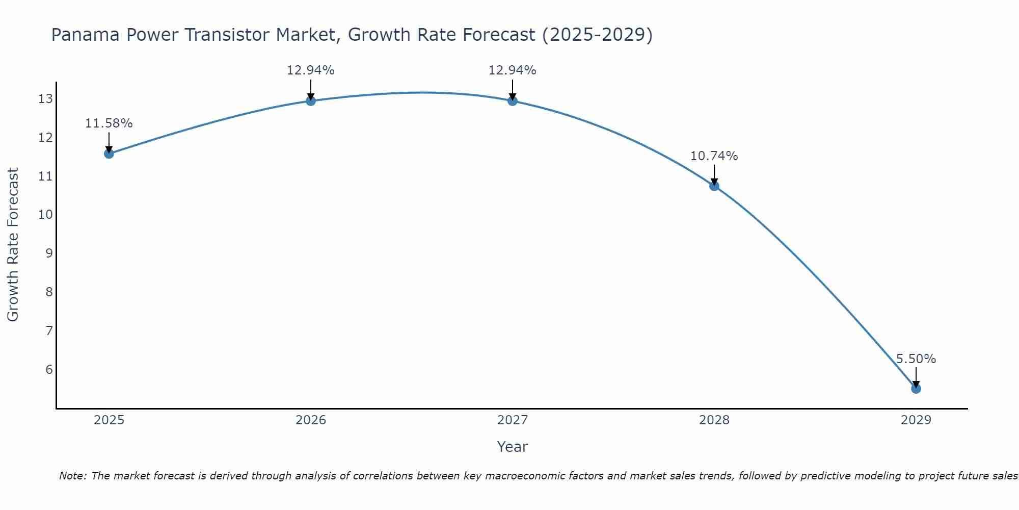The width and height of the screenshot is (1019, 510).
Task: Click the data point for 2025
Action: (x=109, y=154)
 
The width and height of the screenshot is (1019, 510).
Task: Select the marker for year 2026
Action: (x=311, y=100)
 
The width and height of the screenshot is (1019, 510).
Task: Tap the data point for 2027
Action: (x=513, y=100)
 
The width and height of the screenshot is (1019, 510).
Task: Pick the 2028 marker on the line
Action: (x=714, y=186)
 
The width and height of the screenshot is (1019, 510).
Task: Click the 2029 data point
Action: (x=916, y=389)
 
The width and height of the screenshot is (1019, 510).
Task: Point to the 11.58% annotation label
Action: (x=109, y=123)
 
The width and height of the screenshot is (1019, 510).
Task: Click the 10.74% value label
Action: (x=714, y=156)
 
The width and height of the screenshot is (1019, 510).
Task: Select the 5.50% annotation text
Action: (x=916, y=359)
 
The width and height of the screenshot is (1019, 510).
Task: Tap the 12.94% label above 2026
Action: (x=310, y=70)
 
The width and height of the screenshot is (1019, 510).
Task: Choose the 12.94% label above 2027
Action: (x=512, y=70)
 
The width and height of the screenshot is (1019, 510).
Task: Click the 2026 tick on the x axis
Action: (x=311, y=420)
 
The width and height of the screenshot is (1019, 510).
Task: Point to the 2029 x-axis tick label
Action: (x=916, y=420)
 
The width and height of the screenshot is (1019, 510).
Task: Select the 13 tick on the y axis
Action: (x=45, y=99)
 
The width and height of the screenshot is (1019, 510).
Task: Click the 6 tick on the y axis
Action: (x=49, y=369)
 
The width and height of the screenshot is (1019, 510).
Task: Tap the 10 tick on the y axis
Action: (x=45, y=215)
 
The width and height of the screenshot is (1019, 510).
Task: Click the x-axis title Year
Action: (x=512, y=447)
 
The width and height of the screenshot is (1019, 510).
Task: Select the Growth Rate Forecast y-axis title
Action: (x=13, y=244)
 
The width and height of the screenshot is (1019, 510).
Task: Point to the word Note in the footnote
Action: (x=73, y=476)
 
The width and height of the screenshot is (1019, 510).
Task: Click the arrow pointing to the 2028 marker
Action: (x=714, y=175)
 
